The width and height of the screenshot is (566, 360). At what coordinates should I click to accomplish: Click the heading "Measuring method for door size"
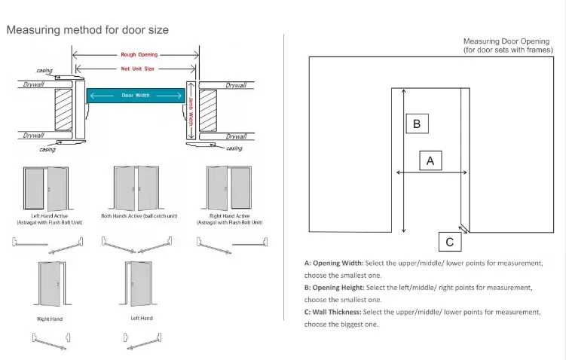tap(87, 30)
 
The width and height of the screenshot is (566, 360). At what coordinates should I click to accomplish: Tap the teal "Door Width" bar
tap(136, 96)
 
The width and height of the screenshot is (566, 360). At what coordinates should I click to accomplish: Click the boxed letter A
tap(430, 160)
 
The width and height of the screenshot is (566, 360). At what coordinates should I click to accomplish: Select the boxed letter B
tap(417, 124)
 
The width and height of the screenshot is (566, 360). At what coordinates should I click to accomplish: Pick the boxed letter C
tap(450, 242)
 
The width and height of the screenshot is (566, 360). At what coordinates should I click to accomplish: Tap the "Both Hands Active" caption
tap(139, 215)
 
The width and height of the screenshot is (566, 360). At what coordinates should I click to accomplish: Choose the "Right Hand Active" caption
tap(229, 215)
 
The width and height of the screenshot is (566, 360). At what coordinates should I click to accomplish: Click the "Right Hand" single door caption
tap(50, 319)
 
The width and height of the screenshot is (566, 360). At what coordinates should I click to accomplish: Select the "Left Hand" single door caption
tap(141, 319)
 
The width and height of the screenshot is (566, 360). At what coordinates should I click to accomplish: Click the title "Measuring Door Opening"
tap(507, 41)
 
